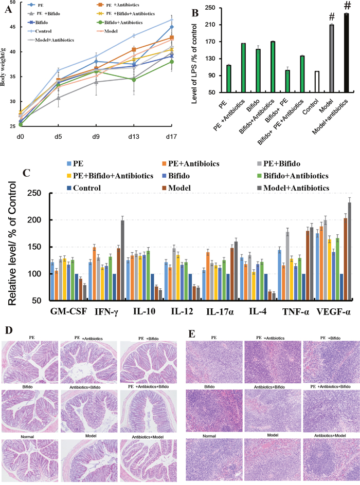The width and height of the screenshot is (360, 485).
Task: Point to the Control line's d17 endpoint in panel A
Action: click(172, 20)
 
